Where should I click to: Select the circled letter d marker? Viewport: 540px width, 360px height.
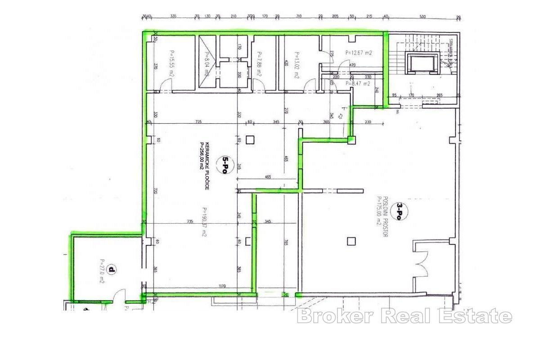111,270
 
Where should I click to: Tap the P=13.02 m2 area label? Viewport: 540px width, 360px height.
296,66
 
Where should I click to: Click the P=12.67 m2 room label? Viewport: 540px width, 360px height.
359,53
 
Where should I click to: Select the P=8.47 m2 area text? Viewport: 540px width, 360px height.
358,83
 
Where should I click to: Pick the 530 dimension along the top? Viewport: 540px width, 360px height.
423,17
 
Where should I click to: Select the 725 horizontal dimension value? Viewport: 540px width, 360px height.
198,122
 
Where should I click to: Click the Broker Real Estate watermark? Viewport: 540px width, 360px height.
405,316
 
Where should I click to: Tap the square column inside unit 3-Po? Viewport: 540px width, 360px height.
351,241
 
